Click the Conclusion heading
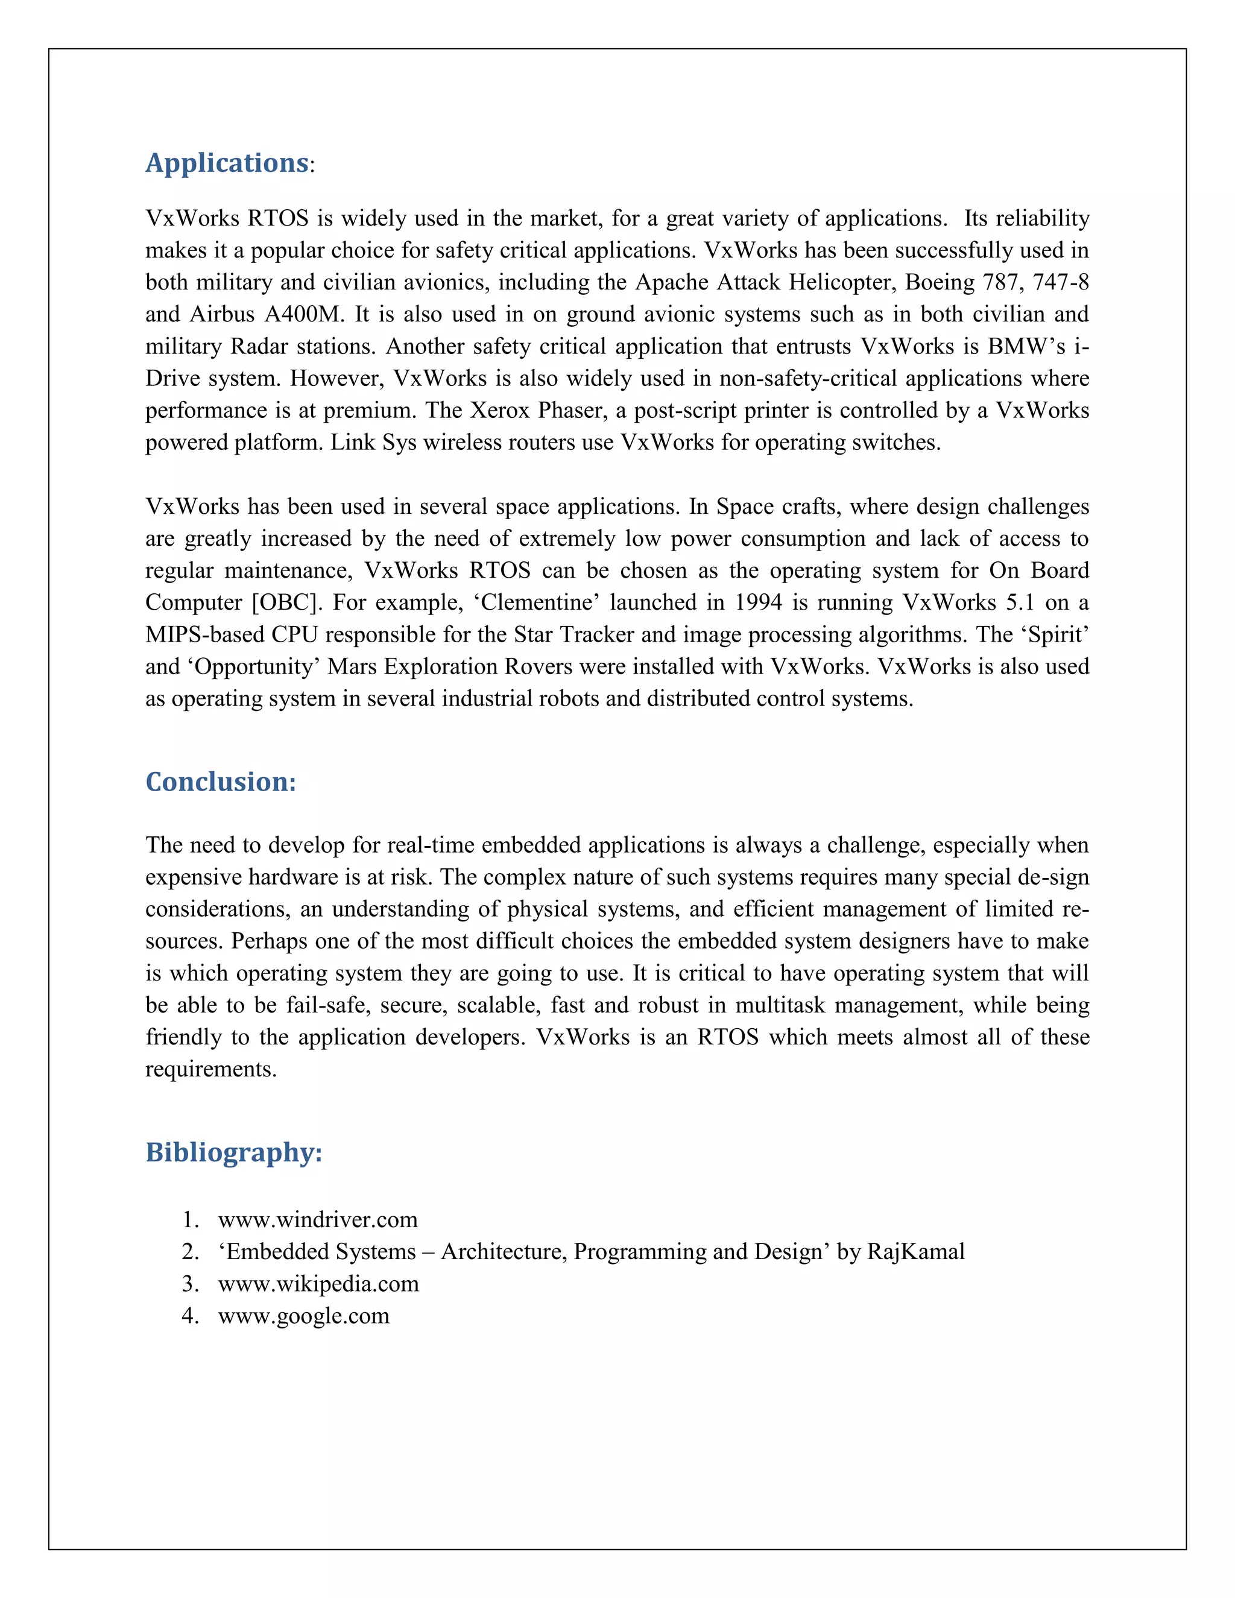[220, 782]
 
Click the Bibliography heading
[233, 1152]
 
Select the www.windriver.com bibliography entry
[318, 1220]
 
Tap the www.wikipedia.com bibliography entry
[318, 1283]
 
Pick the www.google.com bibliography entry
[304, 1316]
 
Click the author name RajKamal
[915, 1252]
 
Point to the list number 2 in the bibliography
[189, 1252]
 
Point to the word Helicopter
[841, 282]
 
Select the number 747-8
[1060, 282]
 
